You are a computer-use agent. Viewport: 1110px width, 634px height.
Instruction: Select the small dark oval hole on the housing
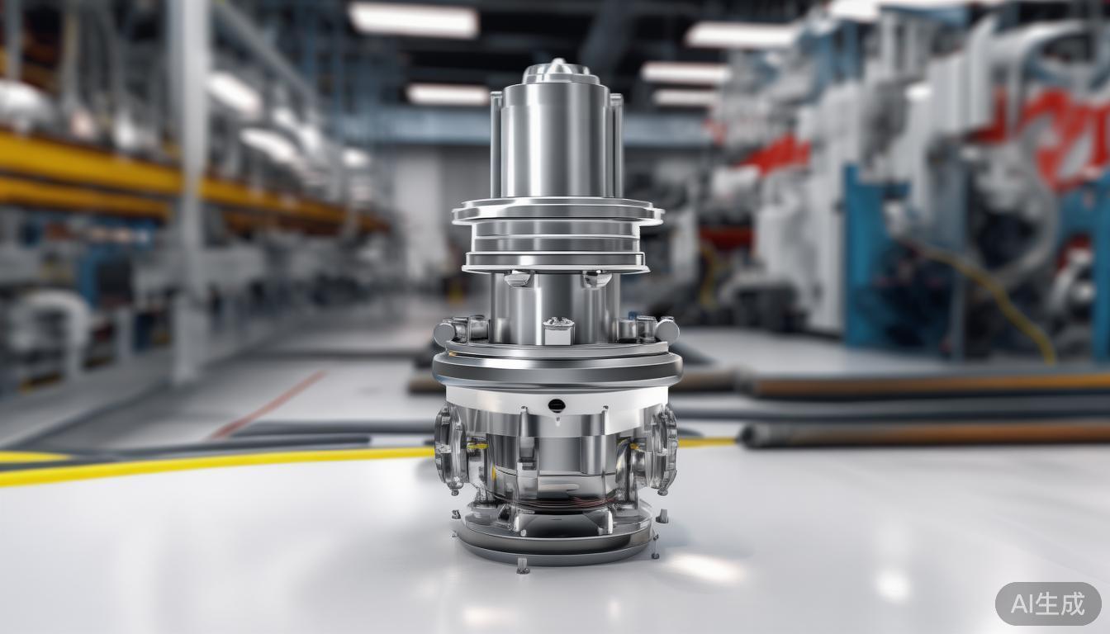point(557,405)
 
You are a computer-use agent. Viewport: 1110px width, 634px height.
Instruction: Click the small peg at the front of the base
point(522,565)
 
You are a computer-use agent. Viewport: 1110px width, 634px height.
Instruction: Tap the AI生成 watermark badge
point(1048,603)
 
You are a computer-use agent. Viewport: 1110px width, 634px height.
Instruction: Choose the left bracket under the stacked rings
point(517,279)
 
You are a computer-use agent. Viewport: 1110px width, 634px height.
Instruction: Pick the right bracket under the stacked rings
point(596,279)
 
